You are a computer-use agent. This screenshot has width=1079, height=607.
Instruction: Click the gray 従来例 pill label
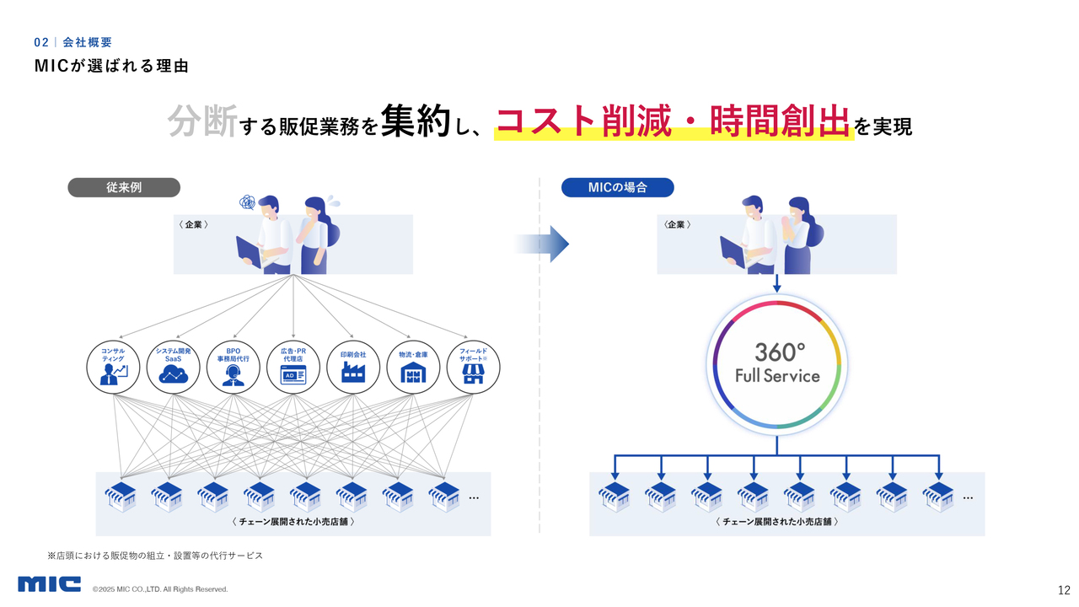[x=124, y=187]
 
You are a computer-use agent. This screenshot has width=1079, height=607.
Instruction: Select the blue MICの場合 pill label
[x=618, y=187]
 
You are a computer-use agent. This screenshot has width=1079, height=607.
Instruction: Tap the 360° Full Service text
[x=777, y=363]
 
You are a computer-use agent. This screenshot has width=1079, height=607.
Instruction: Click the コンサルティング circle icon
[x=113, y=367]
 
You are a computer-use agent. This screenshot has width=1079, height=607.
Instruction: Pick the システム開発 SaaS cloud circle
[x=173, y=367]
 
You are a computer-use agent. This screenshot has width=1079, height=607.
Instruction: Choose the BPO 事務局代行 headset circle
[x=234, y=367]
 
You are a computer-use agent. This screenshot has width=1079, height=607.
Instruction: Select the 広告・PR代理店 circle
[x=293, y=367]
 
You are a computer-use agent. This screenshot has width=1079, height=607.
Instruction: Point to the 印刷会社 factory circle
[x=353, y=367]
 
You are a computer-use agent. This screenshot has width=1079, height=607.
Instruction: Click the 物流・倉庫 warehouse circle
[x=413, y=367]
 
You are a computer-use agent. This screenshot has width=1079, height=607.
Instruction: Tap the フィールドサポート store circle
[x=473, y=367]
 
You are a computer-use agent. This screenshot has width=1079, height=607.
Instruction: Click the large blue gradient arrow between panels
[x=541, y=244]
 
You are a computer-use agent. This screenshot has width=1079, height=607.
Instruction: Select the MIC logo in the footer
[x=49, y=584]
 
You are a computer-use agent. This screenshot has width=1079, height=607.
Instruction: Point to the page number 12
[x=1064, y=590]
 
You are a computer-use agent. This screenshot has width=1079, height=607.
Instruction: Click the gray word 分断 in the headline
[x=202, y=121]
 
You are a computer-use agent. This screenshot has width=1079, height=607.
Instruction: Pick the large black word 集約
[x=416, y=121]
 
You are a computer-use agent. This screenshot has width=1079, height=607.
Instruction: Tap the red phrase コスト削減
[x=583, y=121]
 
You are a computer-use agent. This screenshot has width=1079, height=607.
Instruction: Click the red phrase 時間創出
[x=779, y=121]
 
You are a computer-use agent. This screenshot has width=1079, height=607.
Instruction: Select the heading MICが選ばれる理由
[x=111, y=66]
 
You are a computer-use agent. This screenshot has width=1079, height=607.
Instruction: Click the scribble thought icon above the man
[x=247, y=203]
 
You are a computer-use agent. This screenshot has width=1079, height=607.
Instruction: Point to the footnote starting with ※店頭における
[x=155, y=556]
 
